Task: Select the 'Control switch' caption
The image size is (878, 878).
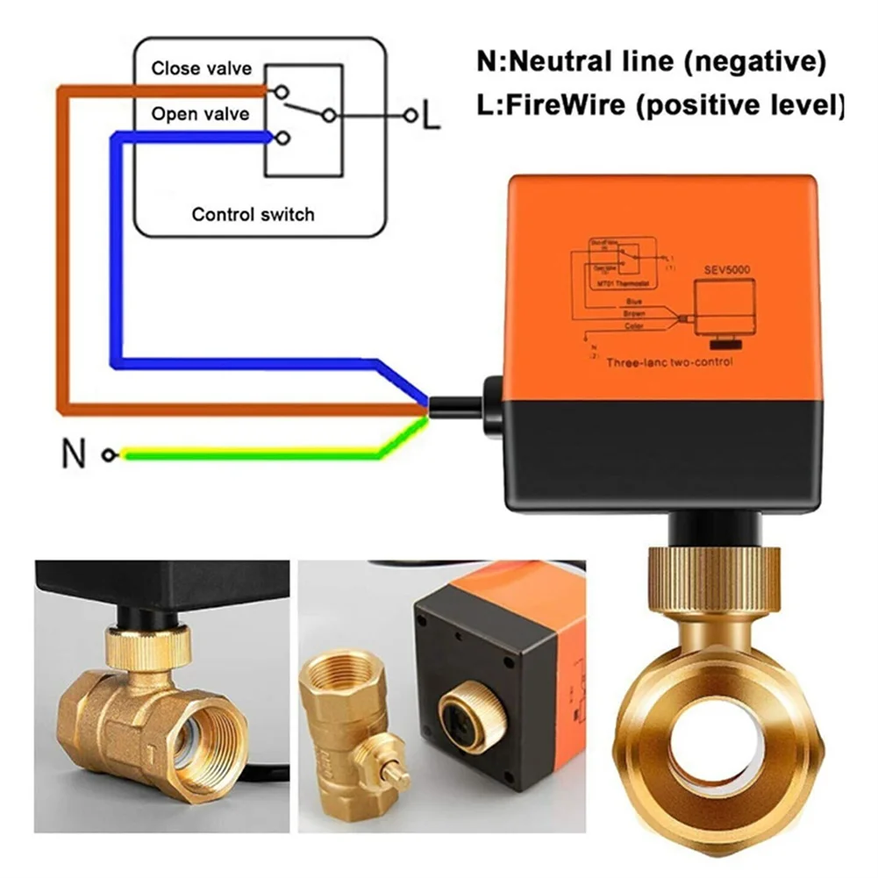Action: tap(253, 214)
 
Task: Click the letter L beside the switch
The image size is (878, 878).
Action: tap(430, 117)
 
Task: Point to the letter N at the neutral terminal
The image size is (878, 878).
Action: tap(75, 454)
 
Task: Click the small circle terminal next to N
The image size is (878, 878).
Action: tap(108, 454)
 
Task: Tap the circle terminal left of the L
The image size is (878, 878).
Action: tap(408, 115)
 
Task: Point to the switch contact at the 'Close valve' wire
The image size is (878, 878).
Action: tap(280, 90)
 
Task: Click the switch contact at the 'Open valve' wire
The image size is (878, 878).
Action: tap(281, 137)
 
